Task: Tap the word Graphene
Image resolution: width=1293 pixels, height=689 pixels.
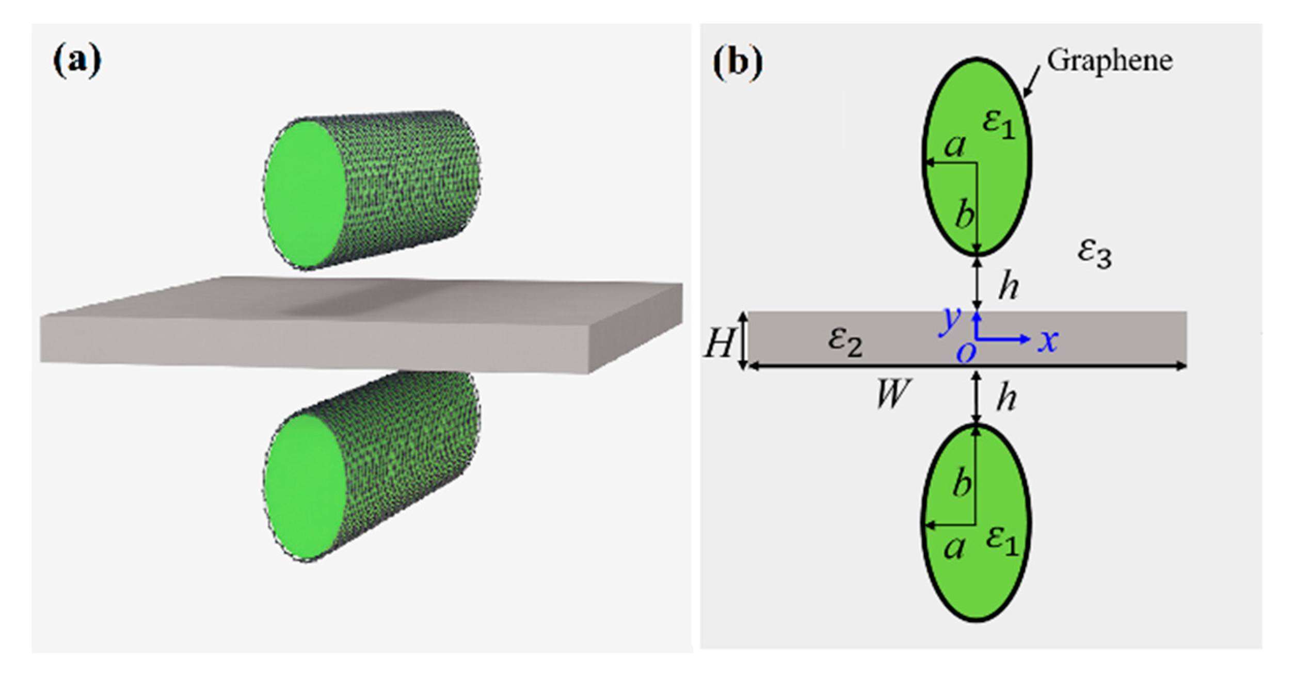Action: click(x=1109, y=61)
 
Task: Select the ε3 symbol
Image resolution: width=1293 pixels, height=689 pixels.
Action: click(x=1094, y=255)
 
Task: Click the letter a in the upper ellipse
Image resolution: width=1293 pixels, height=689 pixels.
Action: click(x=954, y=147)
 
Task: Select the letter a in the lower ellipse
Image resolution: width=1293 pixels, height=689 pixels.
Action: click(x=954, y=549)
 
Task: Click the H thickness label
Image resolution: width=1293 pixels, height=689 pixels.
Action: click(x=719, y=343)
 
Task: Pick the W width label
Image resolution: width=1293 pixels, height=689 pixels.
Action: click(x=892, y=393)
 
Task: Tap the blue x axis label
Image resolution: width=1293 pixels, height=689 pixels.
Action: click(x=1048, y=341)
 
